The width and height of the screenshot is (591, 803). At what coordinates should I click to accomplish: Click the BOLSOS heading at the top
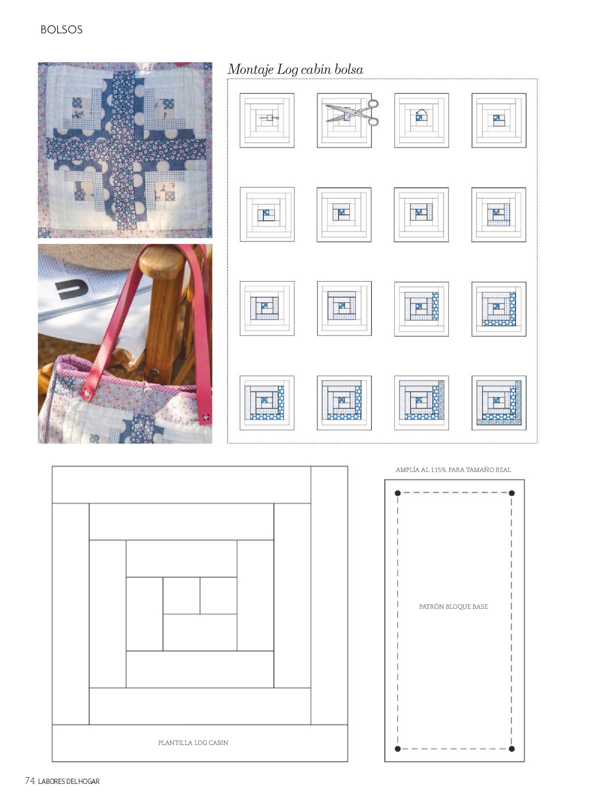62,30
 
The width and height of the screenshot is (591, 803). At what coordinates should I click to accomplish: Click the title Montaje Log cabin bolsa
295,70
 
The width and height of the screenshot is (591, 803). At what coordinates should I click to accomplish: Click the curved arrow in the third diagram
422,111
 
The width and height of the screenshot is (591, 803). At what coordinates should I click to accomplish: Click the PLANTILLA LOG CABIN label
193,743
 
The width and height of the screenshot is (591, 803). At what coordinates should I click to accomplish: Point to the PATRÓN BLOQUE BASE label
453,607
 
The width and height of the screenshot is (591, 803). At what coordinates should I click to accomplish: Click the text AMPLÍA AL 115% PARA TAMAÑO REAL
453,470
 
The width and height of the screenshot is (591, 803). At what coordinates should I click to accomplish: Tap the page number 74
30,781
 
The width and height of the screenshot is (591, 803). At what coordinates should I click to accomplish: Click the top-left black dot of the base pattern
398,493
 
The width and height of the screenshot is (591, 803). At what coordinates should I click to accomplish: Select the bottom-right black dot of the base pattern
511,749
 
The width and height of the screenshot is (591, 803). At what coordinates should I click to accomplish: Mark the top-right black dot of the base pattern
511,493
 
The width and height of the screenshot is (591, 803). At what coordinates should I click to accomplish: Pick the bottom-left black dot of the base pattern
398,749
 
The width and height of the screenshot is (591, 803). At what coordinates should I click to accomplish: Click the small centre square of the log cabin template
181,596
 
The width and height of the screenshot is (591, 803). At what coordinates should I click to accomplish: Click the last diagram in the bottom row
499,403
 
